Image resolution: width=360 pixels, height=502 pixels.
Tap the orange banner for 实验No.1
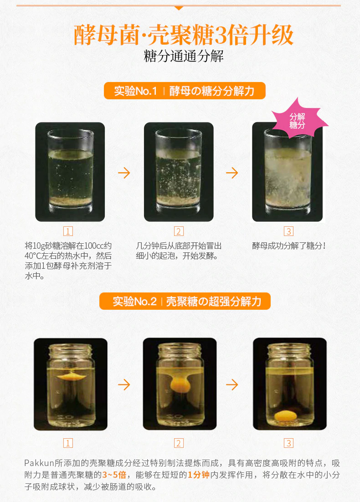pyautogui.click(x=185, y=91)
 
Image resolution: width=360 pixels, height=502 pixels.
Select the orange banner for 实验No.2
pyautogui.click(x=185, y=301)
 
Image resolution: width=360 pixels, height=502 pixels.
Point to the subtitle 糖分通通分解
pyautogui.click(x=184, y=56)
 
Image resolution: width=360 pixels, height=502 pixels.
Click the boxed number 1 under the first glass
pyautogui.click(x=68, y=231)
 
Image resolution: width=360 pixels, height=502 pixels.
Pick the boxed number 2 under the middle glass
pyautogui.click(x=179, y=231)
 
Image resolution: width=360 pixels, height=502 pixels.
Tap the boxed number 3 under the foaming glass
pyautogui.click(x=288, y=231)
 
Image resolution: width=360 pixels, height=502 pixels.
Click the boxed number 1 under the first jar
pyautogui.click(x=68, y=443)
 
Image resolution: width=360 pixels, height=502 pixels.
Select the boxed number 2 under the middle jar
pyautogui.click(x=179, y=443)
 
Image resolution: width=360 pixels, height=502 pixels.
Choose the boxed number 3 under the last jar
pyautogui.click(x=288, y=443)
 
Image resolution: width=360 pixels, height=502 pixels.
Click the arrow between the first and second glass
pyautogui.click(x=124, y=173)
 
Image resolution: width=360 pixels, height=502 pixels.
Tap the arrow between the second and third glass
pyautogui.click(x=232, y=173)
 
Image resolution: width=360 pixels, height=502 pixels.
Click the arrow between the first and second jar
pyautogui.click(x=124, y=384)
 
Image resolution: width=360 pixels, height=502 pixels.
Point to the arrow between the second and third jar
pyautogui.click(x=232, y=384)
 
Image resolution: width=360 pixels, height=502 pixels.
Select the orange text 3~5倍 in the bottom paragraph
pyautogui.click(x=114, y=475)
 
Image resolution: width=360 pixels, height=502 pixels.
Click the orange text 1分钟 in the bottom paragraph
pyautogui.click(x=198, y=475)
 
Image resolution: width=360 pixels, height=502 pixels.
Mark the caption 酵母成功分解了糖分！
pyautogui.click(x=289, y=246)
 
